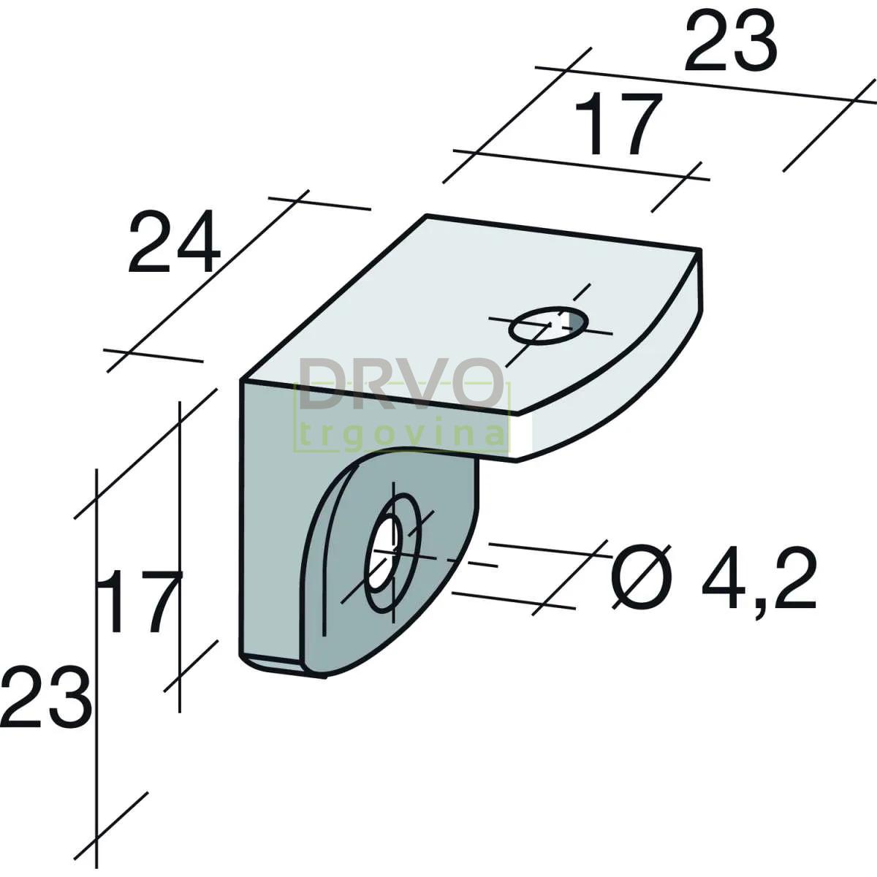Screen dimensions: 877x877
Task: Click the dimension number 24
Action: tap(175, 242)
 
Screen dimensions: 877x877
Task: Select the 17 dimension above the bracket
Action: tap(617, 124)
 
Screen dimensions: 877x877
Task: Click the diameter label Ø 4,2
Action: tap(713, 578)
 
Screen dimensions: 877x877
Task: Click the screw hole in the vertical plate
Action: tap(385, 553)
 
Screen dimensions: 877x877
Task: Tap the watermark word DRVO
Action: tap(401, 383)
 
